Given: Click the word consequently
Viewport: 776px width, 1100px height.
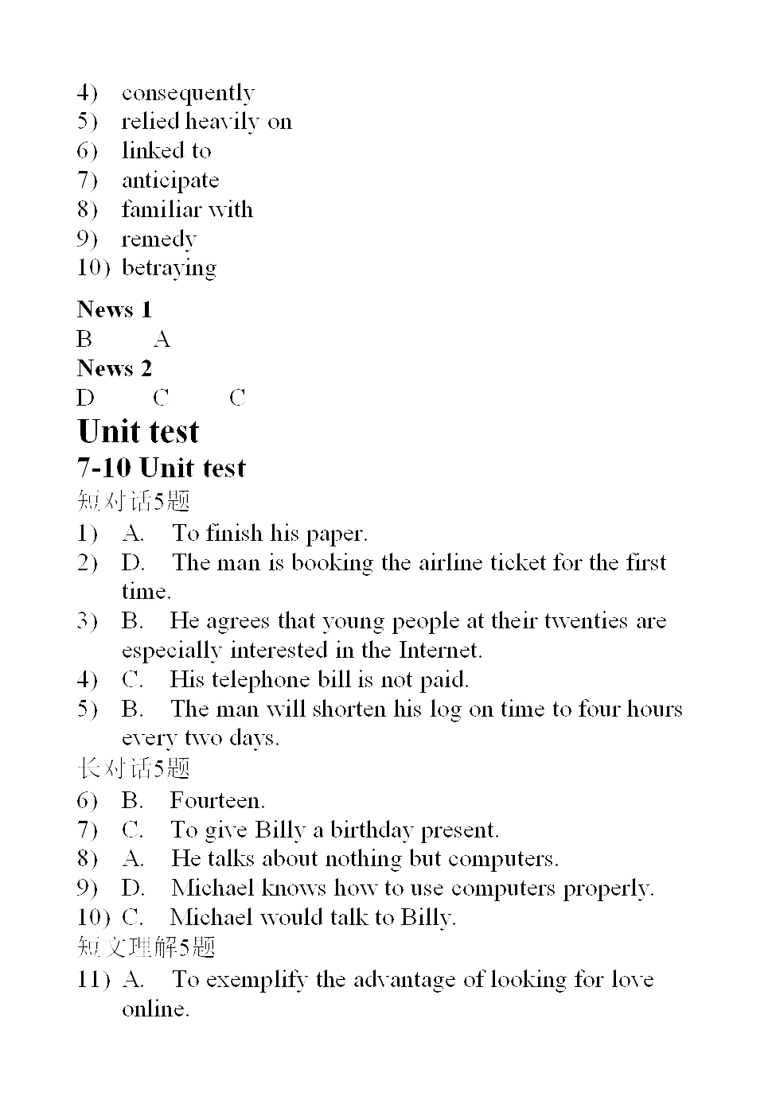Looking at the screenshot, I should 188,93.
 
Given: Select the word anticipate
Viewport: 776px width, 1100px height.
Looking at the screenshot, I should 170,181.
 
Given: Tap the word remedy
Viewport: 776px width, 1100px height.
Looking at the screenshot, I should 158,239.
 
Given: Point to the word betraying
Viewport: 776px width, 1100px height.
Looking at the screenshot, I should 169,268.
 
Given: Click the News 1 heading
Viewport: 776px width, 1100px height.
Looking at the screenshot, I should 115,309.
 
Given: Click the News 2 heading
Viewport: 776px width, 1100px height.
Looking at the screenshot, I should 115,368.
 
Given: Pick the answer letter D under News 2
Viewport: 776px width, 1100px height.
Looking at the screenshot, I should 85,398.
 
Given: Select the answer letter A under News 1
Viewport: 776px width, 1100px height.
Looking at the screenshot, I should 162,340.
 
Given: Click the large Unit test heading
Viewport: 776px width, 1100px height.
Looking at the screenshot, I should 138,431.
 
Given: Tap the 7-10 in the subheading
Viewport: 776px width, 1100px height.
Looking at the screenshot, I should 104,468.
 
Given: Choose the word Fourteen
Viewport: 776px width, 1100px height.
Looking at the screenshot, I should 217,800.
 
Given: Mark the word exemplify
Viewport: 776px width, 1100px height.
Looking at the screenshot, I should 256,979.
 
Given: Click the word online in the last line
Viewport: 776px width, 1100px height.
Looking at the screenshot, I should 155,1009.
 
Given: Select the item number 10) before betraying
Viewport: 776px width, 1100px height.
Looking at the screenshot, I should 93,268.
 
